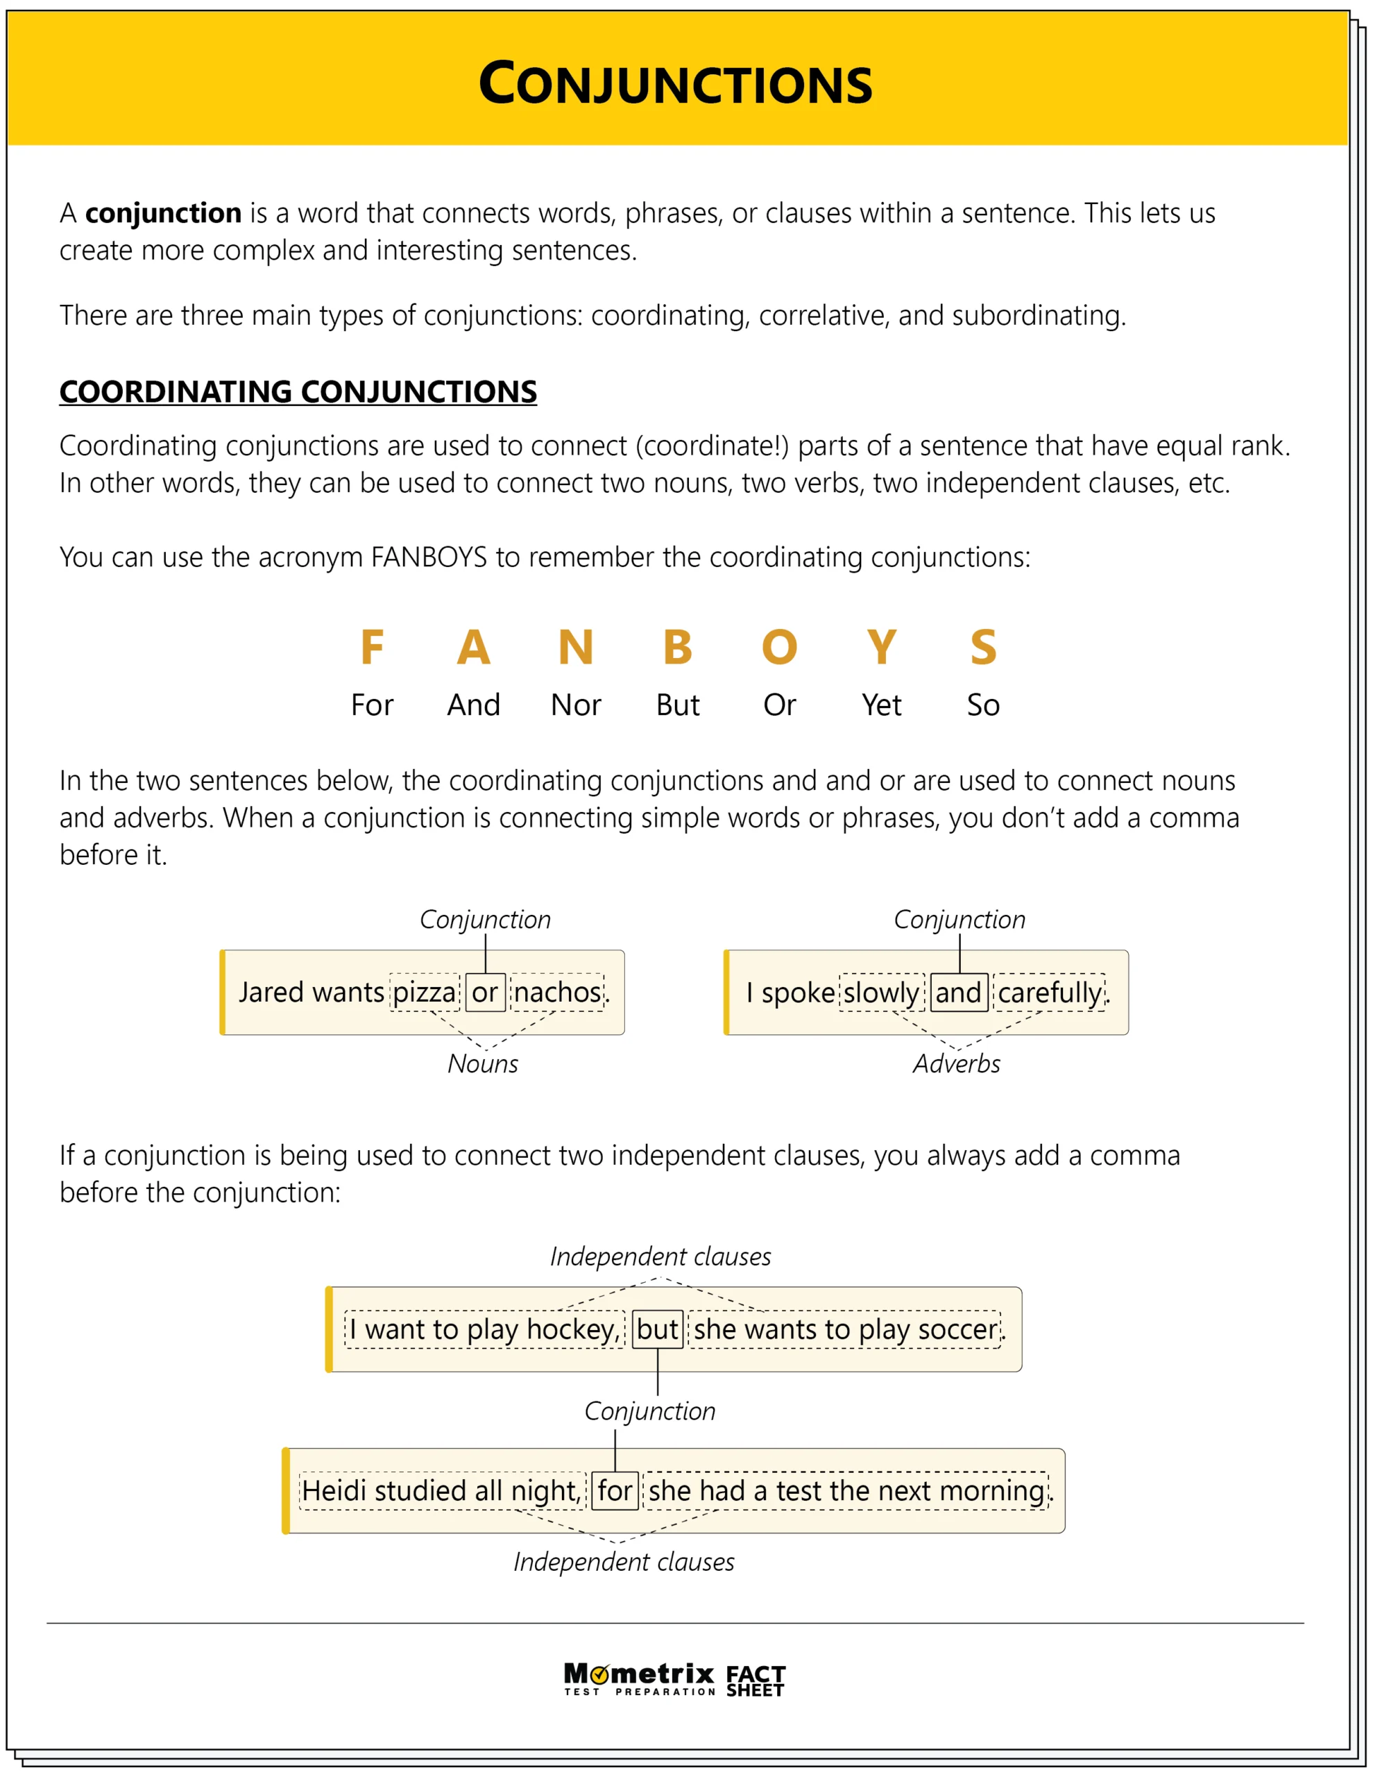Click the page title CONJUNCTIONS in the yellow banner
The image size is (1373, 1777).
pos(675,83)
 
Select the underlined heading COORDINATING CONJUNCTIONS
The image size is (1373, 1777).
pos(298,392)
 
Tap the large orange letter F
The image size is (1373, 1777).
pos(372,648)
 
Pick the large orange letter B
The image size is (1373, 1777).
pos(678,648)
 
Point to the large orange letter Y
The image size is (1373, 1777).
pos(882,648)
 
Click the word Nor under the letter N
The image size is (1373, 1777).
pos(576,705)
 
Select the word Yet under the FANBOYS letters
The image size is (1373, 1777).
pos(882,705)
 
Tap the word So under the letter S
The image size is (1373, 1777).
pos(983,705)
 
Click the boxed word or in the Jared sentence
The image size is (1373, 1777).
pos(486,993)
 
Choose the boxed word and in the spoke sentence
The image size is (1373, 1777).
pos(959,993)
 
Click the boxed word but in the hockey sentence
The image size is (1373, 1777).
pos(657,1329)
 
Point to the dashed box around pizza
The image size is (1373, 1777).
pos(425,993)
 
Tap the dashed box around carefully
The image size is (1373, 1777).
pos(1049,993)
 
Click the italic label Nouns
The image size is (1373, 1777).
pos(482,1064)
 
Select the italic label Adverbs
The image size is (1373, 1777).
pos(957,1064)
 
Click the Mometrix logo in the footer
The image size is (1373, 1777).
pos(640,1679)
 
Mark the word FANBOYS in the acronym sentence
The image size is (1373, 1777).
pos(429,558)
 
